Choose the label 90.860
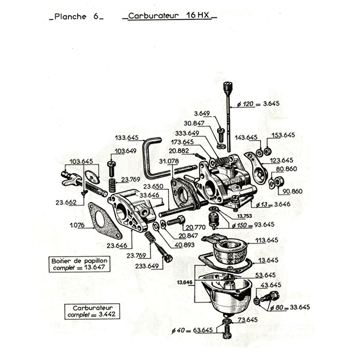coord(292,191)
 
